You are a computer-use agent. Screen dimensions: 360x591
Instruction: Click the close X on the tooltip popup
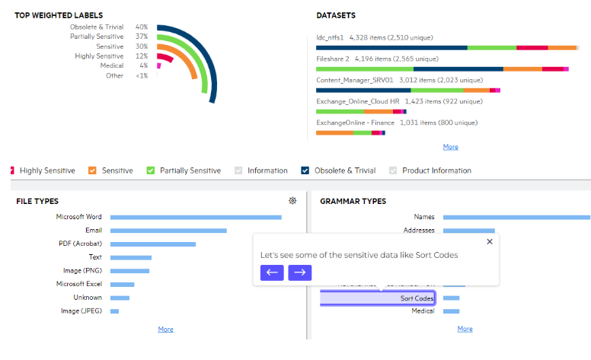[489, 241]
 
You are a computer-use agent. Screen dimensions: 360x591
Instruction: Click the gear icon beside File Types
[292, 201]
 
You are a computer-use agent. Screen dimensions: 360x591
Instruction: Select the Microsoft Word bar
[196, 217]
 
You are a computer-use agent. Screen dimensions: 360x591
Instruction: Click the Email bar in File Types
[168, 230]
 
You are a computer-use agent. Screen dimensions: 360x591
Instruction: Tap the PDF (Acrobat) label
[80, 244]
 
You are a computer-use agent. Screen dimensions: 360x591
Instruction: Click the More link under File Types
[165, 330]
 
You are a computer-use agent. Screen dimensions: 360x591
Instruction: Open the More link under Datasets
[450, 147]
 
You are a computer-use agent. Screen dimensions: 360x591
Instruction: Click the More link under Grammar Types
[465, 330]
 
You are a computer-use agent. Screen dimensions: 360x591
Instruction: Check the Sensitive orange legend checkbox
[92, 170]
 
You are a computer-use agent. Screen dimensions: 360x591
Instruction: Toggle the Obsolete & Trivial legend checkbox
[305, 170]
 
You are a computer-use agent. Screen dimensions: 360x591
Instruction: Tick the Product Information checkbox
[393, 170]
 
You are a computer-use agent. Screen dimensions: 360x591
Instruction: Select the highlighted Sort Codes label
[417, 298]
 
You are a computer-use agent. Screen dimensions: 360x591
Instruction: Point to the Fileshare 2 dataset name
[332, 58]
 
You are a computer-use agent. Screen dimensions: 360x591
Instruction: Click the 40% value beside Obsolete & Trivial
[141, 27]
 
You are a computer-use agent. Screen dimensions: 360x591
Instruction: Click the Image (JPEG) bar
[114, 311]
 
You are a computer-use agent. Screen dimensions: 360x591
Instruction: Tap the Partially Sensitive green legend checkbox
[151, 170]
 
